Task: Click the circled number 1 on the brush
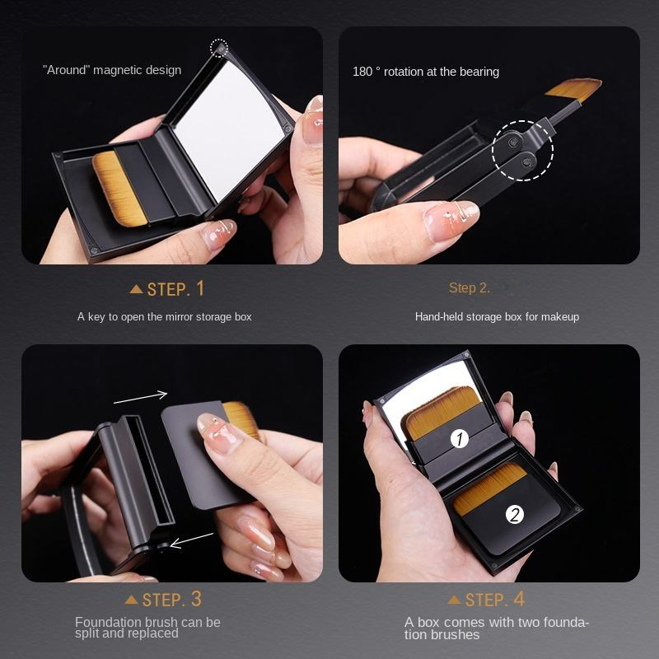tap(460, 439)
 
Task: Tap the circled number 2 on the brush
tap(515, 515)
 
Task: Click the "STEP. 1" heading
tap(175, 288)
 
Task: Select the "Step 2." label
tap(470, 287)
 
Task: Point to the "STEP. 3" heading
tap(171, 599)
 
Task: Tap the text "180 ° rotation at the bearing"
tap(426, 72)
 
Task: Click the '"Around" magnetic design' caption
tap(112, 70)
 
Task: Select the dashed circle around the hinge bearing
tap(523, 150)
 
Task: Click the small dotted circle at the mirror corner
tap(219, 49)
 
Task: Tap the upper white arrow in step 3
tap(140, 397)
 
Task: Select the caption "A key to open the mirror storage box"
tap(165, 316)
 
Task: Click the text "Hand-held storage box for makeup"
tap(497, 316)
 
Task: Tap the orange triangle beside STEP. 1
tap(137, 289)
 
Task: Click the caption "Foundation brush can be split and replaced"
tap(147, 628)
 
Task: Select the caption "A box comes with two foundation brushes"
tap(497, 628)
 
